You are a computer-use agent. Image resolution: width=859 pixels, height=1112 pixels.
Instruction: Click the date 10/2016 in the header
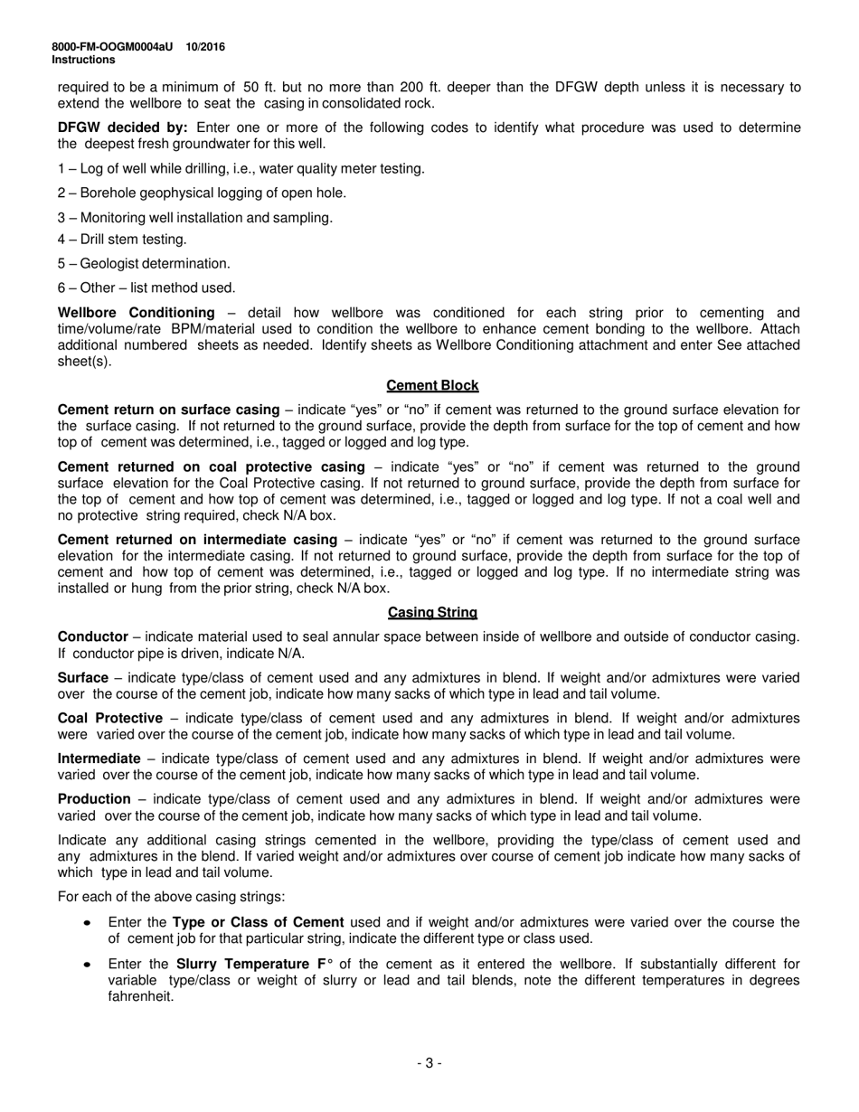[x=206, y=47]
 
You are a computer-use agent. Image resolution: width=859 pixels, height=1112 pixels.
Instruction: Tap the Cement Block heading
[x=432, y=385]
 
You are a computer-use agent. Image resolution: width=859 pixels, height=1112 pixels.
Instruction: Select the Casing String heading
[x=432, y=612]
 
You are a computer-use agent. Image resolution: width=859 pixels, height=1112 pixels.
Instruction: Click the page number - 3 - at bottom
[x=429, y=1063]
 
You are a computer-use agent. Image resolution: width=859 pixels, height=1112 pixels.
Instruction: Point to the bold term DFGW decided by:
[x=123, y=127]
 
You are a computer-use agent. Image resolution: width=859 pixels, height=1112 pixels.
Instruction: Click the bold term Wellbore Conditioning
[x=123, y=312]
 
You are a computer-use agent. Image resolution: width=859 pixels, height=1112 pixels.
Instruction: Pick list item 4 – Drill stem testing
[x=122, y=239]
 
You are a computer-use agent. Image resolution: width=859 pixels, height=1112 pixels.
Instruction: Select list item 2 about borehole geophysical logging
[x=202, y=193]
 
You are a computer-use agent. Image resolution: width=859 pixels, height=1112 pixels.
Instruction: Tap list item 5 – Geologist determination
[x=144, y=263]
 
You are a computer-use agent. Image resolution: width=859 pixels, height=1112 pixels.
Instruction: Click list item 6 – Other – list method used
[x=146, y=287]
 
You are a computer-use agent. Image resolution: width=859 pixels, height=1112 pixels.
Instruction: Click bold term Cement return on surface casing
[x=168, y=410]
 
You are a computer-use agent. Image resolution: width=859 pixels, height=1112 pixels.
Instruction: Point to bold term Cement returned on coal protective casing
[x=211, y=466]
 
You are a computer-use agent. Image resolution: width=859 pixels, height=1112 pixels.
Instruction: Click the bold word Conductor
[x=91, y=636]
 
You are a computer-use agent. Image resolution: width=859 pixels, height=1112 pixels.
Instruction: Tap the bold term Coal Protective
[x=110, y=718]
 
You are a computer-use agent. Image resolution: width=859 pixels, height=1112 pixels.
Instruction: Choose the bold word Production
[x=94, y=799]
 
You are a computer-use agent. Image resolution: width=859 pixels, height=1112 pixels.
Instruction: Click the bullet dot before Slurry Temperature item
[x=86, y=965]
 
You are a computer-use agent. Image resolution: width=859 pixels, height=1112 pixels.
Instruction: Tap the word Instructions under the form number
[x=83, y=60]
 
